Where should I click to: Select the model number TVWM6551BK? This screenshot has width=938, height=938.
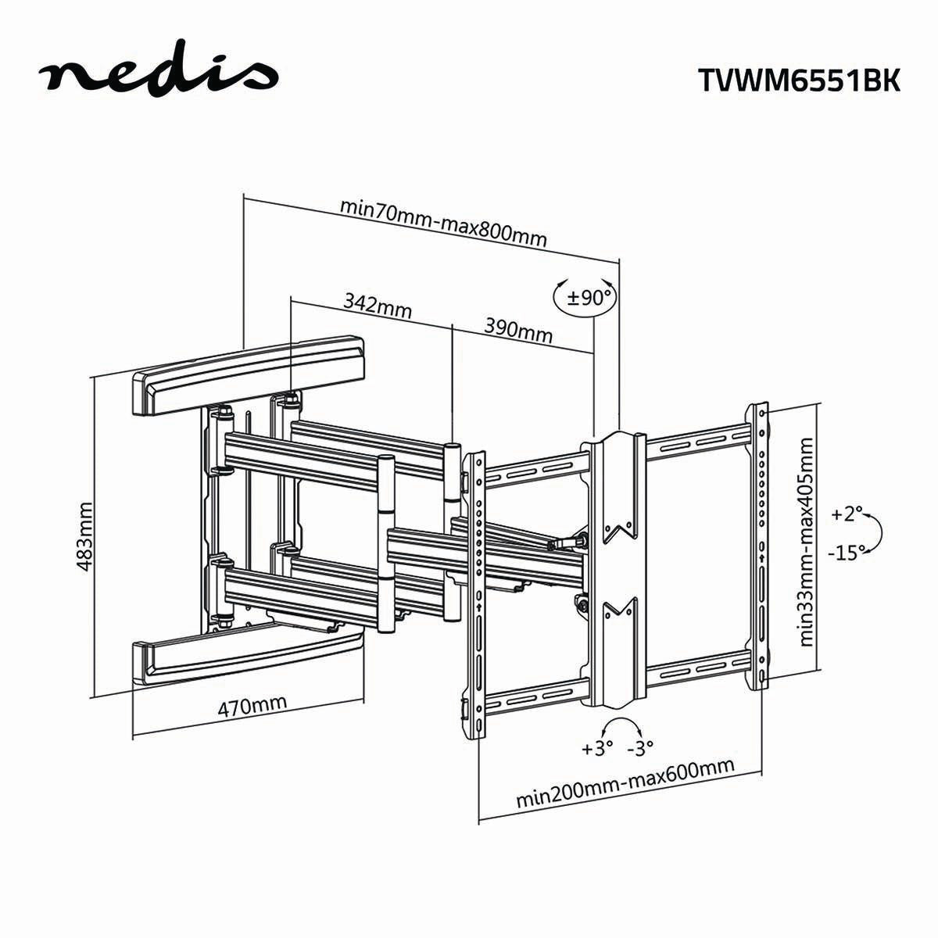(x=797, y=81)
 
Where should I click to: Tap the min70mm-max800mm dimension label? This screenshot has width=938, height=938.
(x=443, y=222)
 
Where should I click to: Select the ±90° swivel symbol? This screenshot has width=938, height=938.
(x=585, y=298)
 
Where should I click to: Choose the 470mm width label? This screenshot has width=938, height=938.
(x=252, y=707)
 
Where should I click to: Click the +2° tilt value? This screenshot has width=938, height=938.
(x=847, y=514)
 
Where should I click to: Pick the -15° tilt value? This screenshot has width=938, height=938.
(x=847, y=552)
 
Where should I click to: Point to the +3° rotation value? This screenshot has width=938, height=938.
(x=598, y=748)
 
